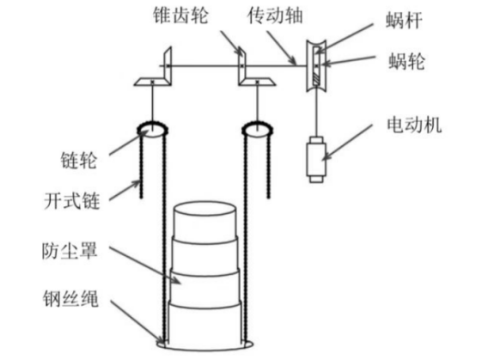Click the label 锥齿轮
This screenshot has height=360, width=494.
(180, 15)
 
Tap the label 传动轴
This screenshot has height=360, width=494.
(275, 15)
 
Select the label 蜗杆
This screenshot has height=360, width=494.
(405, 21)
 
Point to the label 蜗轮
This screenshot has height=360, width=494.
(407, 61)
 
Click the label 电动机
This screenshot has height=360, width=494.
(414, 125)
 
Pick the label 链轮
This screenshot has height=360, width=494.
(79, 160)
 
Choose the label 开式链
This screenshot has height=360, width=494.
(72, 201)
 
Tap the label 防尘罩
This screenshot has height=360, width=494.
(70, 250)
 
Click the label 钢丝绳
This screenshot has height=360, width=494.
(70, 298)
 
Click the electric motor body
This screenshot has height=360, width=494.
(316, 159)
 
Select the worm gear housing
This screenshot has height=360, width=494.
(316, 66)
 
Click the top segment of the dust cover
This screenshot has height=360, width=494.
(204, 222)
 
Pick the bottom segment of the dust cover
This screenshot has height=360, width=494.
(205, 325)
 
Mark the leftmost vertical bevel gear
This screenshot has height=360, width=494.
(168, 65)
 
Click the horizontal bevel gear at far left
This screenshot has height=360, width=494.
(153, 82)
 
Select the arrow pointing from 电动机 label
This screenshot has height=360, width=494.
(348, 142)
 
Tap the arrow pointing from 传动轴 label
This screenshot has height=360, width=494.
(281, 47)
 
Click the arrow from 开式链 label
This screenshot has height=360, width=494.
(124, 190)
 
